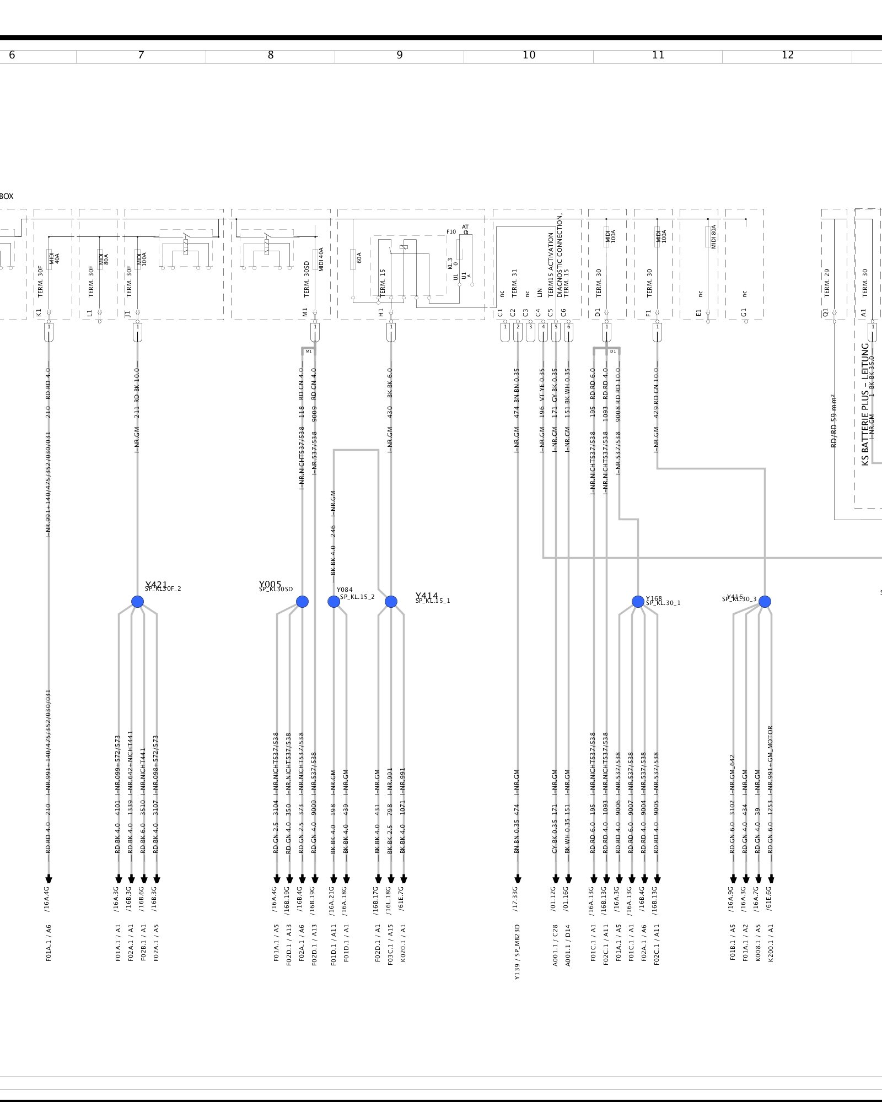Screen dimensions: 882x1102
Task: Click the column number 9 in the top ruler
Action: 400,55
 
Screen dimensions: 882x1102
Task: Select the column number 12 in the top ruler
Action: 788,55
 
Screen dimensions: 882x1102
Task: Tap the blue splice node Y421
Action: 138,602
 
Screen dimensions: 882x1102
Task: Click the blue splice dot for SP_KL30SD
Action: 302,602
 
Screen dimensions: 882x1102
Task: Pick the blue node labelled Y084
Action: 334,602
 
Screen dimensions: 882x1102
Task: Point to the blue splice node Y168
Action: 638,602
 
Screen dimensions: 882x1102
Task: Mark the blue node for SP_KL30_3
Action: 765,602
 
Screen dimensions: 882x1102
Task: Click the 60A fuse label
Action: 359,257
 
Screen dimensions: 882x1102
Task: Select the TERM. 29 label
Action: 826,283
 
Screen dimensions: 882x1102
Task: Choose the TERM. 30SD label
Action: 306,279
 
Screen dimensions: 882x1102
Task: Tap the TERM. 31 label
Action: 514,283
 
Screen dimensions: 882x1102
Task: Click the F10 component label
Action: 451,232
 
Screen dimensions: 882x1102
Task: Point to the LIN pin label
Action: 540,293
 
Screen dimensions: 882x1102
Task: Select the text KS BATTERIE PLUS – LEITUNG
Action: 865,404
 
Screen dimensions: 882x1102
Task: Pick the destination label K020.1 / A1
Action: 403,943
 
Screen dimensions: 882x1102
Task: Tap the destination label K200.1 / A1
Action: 771,943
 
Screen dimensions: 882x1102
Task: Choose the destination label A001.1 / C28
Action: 555,945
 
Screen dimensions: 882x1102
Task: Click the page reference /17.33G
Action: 516,899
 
